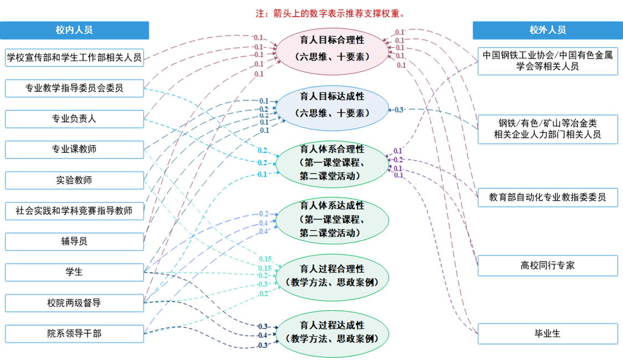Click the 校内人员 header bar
pos(74,30)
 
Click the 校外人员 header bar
pos(547,30)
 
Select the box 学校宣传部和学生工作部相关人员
pos(74,57)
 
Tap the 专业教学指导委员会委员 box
pos(74,88)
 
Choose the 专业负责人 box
pos(74,119)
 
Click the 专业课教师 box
pos(74,149)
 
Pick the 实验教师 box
pos(74,180)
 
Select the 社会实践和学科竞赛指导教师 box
pos(74,210)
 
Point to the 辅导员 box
pos(74,241)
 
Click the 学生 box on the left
pos(74,272)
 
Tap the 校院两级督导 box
pos(74,303)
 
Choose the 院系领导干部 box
pos(74,333)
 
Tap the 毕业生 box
pos(547,333)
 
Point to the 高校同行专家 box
pos(547,265)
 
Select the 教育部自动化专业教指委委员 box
pos(547,197)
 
